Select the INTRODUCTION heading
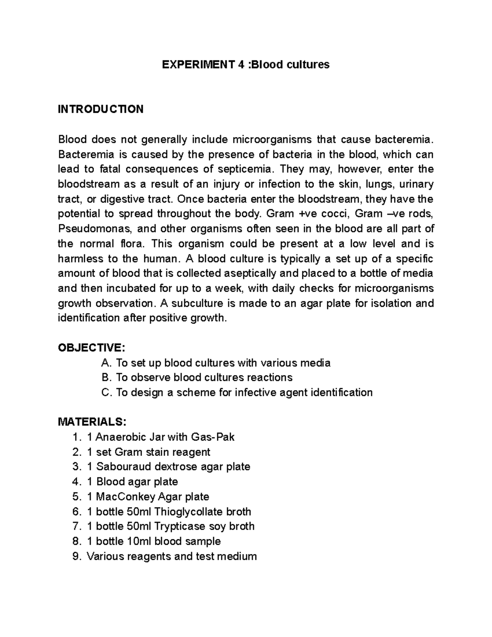tap(101, 109)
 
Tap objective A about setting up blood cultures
tap(216, 363)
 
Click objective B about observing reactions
tap(197, 377)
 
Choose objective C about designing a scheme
tap(237, 393)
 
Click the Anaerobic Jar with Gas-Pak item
tap(160, 437)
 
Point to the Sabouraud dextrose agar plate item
tap(168, 467)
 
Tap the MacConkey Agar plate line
tap(148, 497)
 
